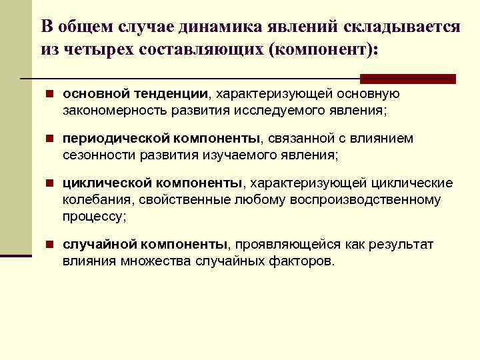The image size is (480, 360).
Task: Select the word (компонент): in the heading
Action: [x=321, y=49]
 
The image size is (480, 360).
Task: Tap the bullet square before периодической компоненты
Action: [x=51, y=139]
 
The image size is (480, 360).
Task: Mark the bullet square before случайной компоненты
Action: [x=51, y=245]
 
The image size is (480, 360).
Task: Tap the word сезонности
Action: [x=99, y=155]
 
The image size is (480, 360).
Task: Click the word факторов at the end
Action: [x=305, y=260]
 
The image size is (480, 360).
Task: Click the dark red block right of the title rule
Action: [x=423, y=79]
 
